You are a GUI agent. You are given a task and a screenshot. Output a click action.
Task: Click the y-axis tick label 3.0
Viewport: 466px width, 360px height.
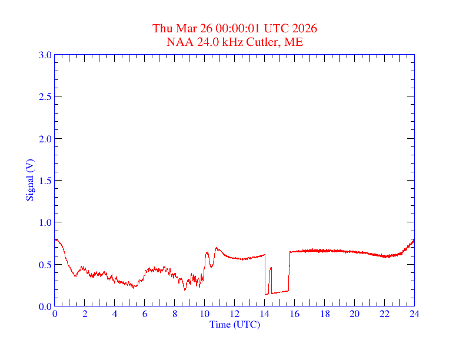click(x=45, y=55)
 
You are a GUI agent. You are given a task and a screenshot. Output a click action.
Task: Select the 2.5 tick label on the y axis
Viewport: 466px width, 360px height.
click(x=45, y=96)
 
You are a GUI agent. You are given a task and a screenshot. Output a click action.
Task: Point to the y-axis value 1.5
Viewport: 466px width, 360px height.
click(x=45, y=181)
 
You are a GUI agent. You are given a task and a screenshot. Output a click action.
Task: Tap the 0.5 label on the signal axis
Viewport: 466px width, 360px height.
click(x=45, y=265)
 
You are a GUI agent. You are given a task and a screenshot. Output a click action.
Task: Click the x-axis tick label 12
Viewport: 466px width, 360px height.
click(x=235, y=314)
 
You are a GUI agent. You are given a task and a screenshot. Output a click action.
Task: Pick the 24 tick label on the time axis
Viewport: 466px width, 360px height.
click(x=414, y=314)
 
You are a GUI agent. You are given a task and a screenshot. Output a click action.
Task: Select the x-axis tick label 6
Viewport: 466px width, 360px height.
click(x=145, y=314)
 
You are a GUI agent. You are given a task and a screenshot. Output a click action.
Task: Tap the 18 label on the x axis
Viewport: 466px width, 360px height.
click(x=325, y=314)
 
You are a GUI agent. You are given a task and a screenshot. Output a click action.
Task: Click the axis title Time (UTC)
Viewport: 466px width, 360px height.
click(x=234, y=324)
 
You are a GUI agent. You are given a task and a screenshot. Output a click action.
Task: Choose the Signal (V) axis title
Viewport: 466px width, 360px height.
click(x=29, y=180)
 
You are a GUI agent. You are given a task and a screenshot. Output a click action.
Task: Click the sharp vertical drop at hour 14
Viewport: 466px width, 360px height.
click(x=265, y=274)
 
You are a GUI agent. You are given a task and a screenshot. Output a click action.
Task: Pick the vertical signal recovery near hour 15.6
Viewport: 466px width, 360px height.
click(x=289, y=271)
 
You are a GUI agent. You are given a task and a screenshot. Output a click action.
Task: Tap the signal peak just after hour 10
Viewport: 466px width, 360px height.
click(x=207, y=252)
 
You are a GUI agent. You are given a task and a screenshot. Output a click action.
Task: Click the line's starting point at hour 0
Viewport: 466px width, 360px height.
click(x=55, y=239)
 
